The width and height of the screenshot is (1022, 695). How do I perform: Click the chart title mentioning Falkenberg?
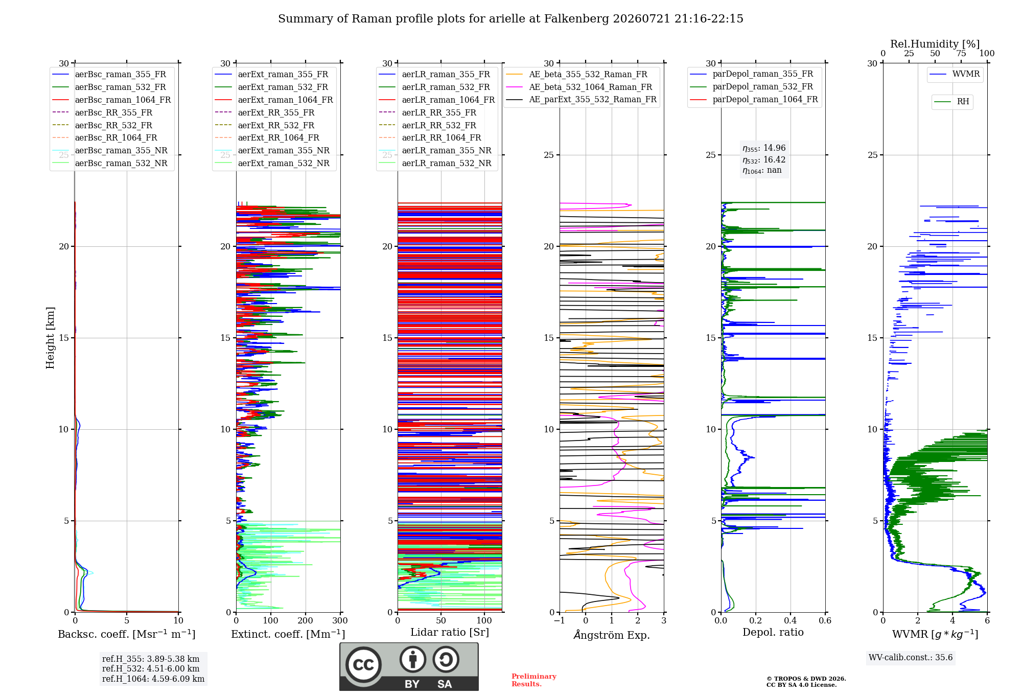point(510,19)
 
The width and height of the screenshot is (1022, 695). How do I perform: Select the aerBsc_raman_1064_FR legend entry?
point(111,100)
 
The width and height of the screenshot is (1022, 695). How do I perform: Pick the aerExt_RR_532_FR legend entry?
point(265,125)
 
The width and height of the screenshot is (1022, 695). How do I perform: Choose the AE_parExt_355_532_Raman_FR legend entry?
point(582,99)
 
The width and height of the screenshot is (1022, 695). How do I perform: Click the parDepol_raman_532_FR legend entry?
point(752,86)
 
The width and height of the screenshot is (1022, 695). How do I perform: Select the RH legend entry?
point(952,102)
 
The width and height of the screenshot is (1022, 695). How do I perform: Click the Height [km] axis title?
point(50,338)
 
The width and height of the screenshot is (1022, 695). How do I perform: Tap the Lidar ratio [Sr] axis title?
point(450,632)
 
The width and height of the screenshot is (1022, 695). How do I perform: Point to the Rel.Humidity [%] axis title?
point(935,44)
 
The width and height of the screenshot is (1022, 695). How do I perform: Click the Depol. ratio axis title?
point(773,632)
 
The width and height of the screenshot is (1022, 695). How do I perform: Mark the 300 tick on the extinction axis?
point(340,620)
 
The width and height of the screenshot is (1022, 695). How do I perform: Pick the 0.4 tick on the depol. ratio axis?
point(791,620)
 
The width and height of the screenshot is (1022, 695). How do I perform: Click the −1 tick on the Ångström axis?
point(560,620)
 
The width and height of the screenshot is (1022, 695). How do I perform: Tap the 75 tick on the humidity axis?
point(961,53)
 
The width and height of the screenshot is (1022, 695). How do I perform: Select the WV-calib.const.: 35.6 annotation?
point(911,658)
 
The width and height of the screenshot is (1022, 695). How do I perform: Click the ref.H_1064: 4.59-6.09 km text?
point(153,679)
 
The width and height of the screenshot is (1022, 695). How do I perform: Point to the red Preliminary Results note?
point(534,680)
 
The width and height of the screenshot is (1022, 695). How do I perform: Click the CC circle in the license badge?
point(363,664)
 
